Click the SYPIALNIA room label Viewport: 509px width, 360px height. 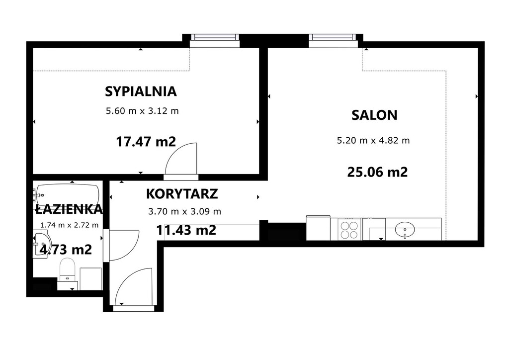[x=141, y=91]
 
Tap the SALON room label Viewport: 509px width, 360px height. [x=374, y=115]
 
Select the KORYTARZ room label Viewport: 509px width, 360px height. [x=182, y=194]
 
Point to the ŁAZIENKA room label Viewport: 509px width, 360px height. [x=69, y=209]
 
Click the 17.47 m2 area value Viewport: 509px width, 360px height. [x=146, y=142]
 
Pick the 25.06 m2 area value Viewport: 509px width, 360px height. [x=377, y=172]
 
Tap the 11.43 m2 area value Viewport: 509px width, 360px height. [x=186, y=230]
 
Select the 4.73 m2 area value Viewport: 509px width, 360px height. [x=66, y=249]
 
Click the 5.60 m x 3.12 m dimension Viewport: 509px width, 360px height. [x=142, y=111]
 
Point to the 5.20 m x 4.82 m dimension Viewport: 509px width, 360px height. [x=373, y=141]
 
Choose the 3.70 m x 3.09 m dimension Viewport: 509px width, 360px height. [x=185, y=212]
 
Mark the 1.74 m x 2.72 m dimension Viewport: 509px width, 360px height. [x=69, y=225]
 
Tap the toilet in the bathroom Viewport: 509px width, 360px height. [x=67, y=270]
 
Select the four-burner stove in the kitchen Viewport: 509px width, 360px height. [x=349, y=230]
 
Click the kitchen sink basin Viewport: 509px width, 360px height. [x=405, y=230]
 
